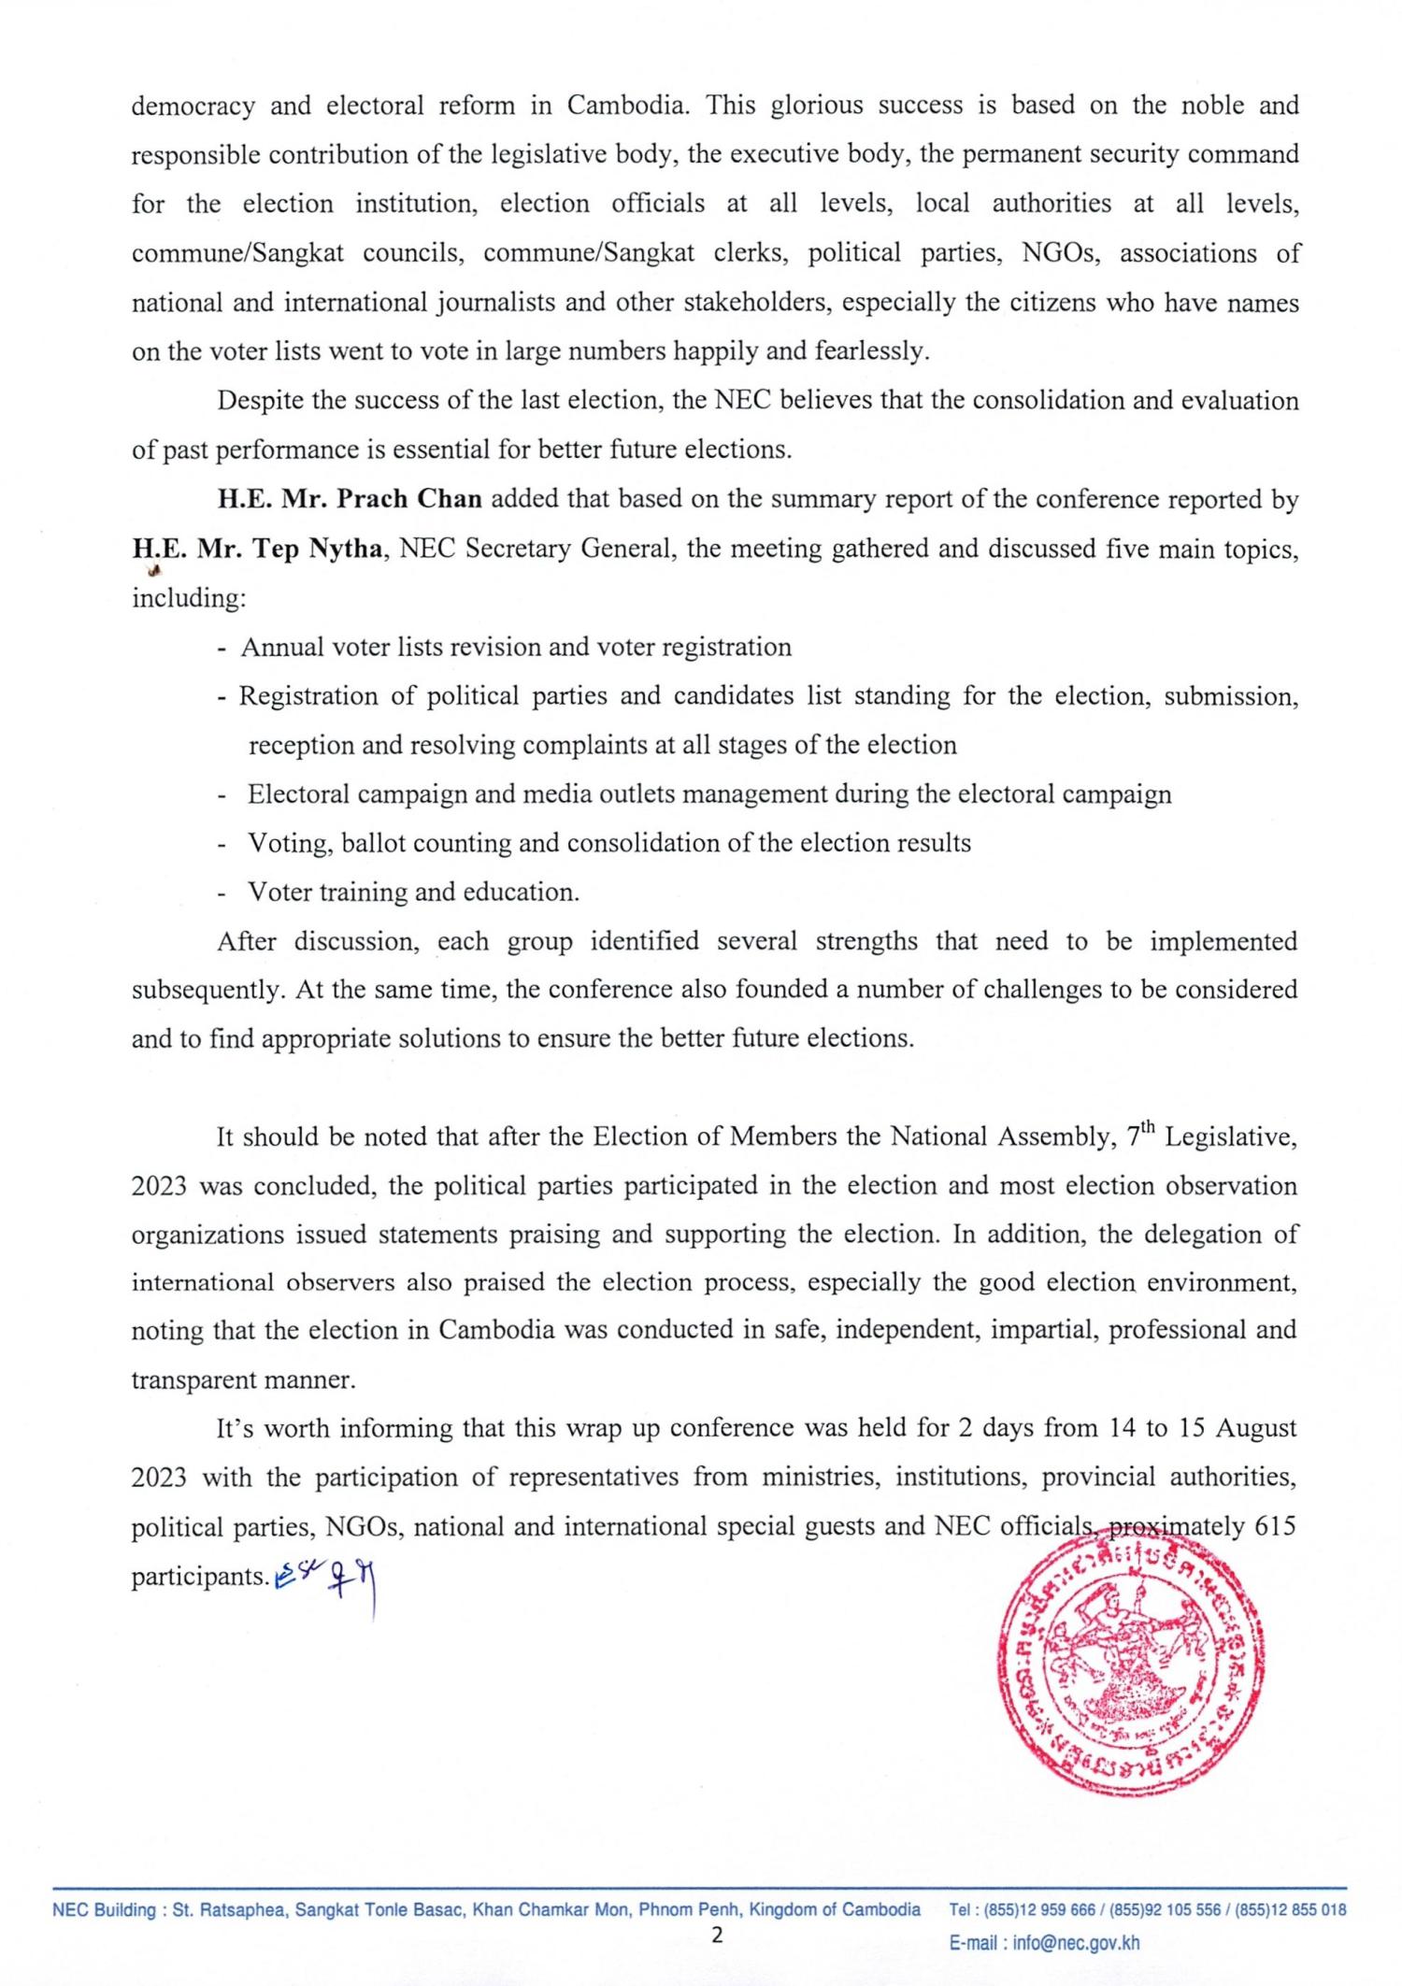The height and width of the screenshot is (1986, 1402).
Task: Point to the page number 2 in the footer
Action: pyautogui.click(x=717, y=1935)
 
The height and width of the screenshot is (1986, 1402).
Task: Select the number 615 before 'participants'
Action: pyautogui.click(x=1275, y=1527)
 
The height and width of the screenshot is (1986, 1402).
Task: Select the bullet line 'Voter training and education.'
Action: pyautogui.click(x=413, y=892)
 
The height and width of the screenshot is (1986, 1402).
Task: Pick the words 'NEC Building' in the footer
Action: pyautogui.click(x=104, y=1909)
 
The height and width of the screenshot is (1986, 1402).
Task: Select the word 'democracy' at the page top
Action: pyautogui.click(x=193, y=106)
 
